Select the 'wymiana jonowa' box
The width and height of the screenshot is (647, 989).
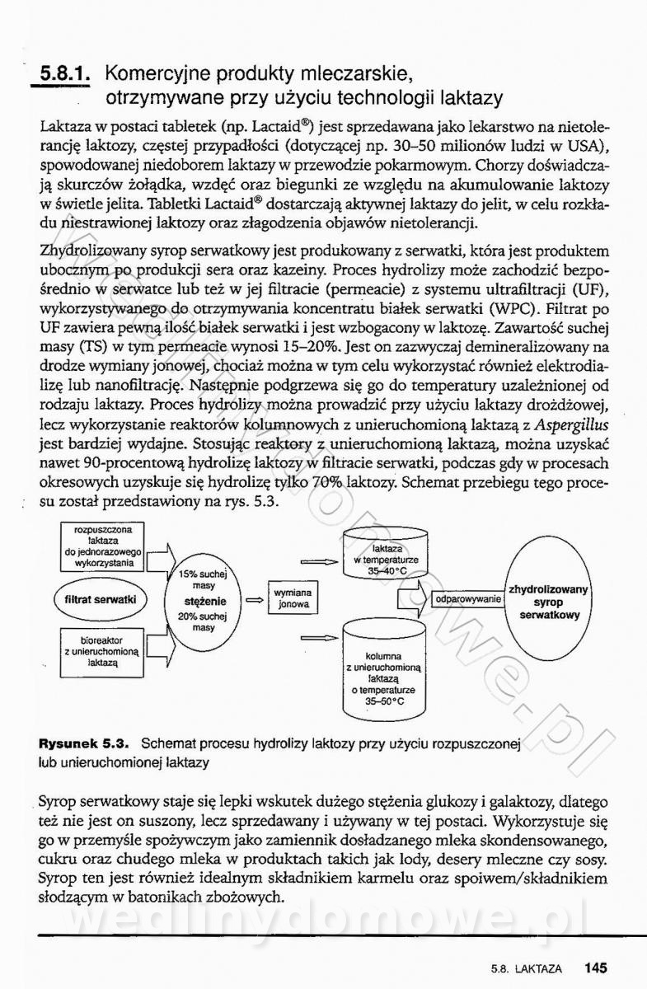[x=292, y=598]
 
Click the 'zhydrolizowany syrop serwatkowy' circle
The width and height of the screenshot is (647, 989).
[x=548, y=602]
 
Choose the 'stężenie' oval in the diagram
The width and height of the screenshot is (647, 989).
[x=197, y=601]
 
